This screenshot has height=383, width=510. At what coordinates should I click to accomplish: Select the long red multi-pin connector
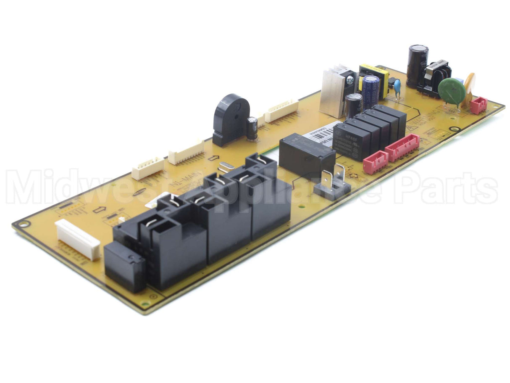[x=402, y=148]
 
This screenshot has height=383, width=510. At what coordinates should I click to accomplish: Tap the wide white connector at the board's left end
[x=78, y=239]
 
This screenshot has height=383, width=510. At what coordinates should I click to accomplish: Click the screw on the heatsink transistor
[x=350, y=79]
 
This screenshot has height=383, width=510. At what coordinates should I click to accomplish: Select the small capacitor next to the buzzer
[x=252, y=128]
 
